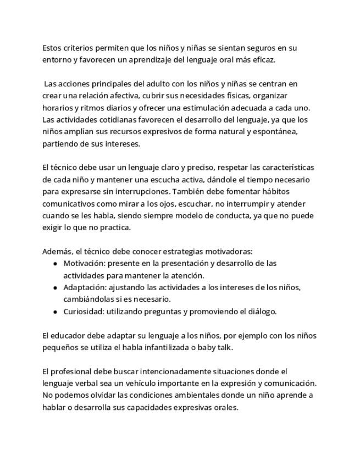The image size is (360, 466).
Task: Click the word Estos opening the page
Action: point(52,48)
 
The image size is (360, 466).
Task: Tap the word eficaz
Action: point(262,60)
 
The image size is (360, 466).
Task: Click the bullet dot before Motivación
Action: point(56,264)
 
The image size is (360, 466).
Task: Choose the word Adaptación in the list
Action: point(84,287)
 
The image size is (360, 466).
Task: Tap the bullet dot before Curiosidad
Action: point(56,312)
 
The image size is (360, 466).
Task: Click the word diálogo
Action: point(261,312)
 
